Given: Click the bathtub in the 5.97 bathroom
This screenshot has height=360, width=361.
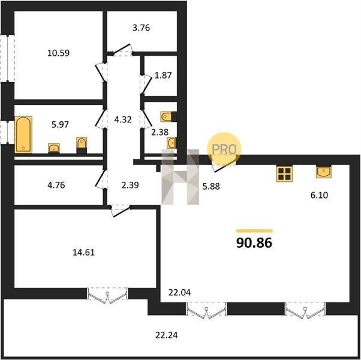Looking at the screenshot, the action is click(x=23, y=134).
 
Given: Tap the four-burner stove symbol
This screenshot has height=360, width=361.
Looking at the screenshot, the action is click(x=284, y=173).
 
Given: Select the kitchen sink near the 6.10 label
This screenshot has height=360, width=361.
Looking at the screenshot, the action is click(x=323, y=172).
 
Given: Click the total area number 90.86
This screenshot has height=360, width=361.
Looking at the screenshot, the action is click(x=254, y=243).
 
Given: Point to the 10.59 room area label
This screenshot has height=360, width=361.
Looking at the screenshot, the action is click(x=59, y=53).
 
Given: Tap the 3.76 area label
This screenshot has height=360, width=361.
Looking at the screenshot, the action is click(x=141, y=28).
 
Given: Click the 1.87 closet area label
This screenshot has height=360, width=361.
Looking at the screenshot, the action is click(x=163, y=76).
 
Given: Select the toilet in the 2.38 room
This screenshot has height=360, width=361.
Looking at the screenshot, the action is click(x=167, y=116).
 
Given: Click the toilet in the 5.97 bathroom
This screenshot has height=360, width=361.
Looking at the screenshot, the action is click(x=82, y=145).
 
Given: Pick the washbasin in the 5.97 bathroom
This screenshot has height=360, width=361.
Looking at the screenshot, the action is click(x=54, y=148).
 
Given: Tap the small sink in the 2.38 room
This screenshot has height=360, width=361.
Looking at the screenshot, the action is click(x=172, y=143).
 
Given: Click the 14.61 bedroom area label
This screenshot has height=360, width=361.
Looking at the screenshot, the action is click(x=83, y=253).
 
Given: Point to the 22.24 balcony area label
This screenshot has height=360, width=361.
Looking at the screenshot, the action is click(x=167, y=335).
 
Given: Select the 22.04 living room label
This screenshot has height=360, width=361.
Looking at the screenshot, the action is click(x=179, y=293).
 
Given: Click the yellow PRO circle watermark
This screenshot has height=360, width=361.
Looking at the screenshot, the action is click(x=224, y=149).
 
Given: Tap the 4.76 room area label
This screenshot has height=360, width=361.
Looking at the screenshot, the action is click(x=56, y=185).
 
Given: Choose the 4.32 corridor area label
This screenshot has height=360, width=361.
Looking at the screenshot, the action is click(x=123, y=120).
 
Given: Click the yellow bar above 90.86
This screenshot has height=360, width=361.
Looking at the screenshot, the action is click(x=254, y=231).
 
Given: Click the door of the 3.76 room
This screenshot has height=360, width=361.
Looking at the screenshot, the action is click(x=122, y=50).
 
